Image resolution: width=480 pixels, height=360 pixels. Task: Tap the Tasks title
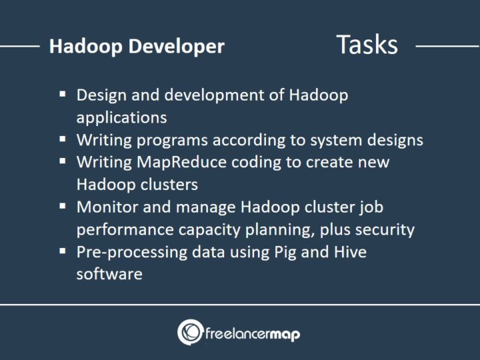(367, 45)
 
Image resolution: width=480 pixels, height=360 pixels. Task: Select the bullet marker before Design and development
(63, 95)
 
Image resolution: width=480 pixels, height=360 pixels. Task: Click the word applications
(121, 117)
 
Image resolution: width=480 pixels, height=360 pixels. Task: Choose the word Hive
(348, 252)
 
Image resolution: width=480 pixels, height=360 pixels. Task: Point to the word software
(109, 274)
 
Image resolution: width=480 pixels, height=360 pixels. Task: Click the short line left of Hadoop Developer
(19, 47)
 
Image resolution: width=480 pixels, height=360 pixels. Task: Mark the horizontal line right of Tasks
(447, 47)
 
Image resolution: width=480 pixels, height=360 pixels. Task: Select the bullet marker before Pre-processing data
(63, 252)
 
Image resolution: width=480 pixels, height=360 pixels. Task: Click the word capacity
(209, 229)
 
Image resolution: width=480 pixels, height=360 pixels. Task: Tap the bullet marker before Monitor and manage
(63, 207)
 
